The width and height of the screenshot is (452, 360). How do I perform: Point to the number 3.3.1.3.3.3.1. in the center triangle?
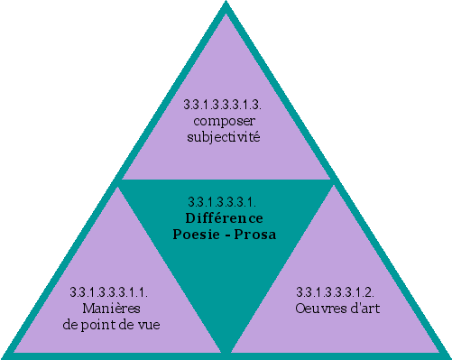pyautogui.click(x=224, y=201)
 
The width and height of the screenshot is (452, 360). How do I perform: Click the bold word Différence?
pyautogui.click(x=224, y=217)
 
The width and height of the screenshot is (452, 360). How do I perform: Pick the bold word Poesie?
pyautogui.click(x=197, y=234)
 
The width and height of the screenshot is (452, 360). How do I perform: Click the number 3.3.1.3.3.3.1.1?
pyautogui.click(x=108, y=292)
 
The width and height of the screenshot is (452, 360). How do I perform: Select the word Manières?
pyautogui.click(x=108, y=308)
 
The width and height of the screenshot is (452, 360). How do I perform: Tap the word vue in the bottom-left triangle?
pyautogui.click(x=149, y=323)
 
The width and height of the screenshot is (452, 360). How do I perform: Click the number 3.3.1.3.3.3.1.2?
pyautogui.click(x=336, y=292)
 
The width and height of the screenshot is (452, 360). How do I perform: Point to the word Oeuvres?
pyautogui.click(x=317, y=308)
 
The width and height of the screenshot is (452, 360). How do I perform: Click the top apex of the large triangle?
pyautogui.click(x=226, y=4)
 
